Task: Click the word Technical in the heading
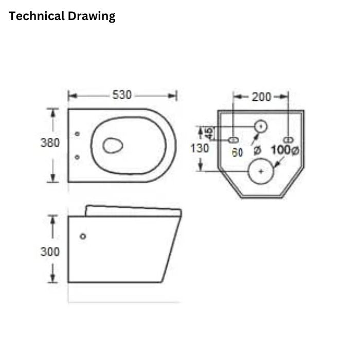[x=37, y=16]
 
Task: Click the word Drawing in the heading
[x=92, y=16]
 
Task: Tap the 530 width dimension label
[x=122, y=95]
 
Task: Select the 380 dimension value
[x=50, y=142]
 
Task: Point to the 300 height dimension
[x=50, y=251]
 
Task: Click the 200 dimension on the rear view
[x=261, y=97]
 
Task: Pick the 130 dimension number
[x=200, y=148]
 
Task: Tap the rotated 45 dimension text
[x=209, y=133]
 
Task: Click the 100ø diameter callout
[x=285, y=150]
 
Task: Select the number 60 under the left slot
[x=237, y=152]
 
